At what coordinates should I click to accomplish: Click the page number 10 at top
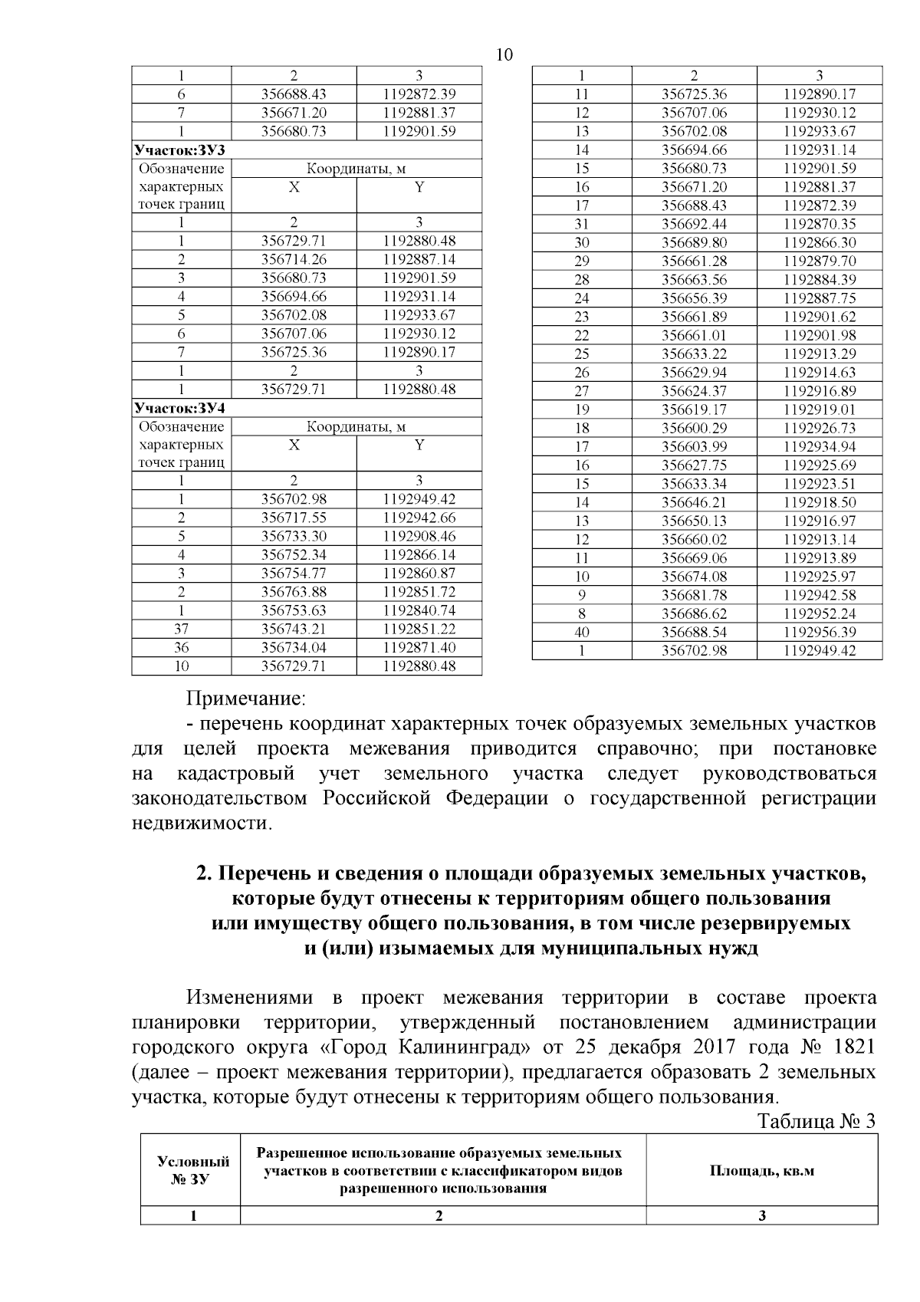pyautogui.click(x=504, y=55)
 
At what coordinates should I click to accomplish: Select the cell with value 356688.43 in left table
pyautogui.click(x=294, y=94)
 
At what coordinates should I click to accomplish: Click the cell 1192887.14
pyautogui.click(x=419, y=260)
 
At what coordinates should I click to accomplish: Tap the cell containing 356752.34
pyautogui.click(x=294, y=555)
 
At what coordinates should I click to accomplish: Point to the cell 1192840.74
pyautogui.click(x=419, y=610)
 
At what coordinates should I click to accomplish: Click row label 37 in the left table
pyautogui.click(x=181, y=629)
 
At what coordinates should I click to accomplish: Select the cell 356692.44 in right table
pyautogui.click(x=694, y=225)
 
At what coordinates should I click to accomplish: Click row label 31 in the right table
pyautogui.click(x=582, y=225)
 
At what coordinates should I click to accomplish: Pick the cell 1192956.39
pyautogui.click(x=820, y=633)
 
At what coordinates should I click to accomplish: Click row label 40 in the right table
pyautogui.click(x=582, y=633)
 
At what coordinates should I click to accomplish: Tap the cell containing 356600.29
pyautogui.click(x=694, y=429)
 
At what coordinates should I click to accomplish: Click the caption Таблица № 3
pyautogui.click(x=816, y=1121)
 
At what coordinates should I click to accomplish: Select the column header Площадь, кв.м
pyautogui.click(x=761, y=1172)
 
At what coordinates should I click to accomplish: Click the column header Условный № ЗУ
pyautogui.click(x=189, y=1172)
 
